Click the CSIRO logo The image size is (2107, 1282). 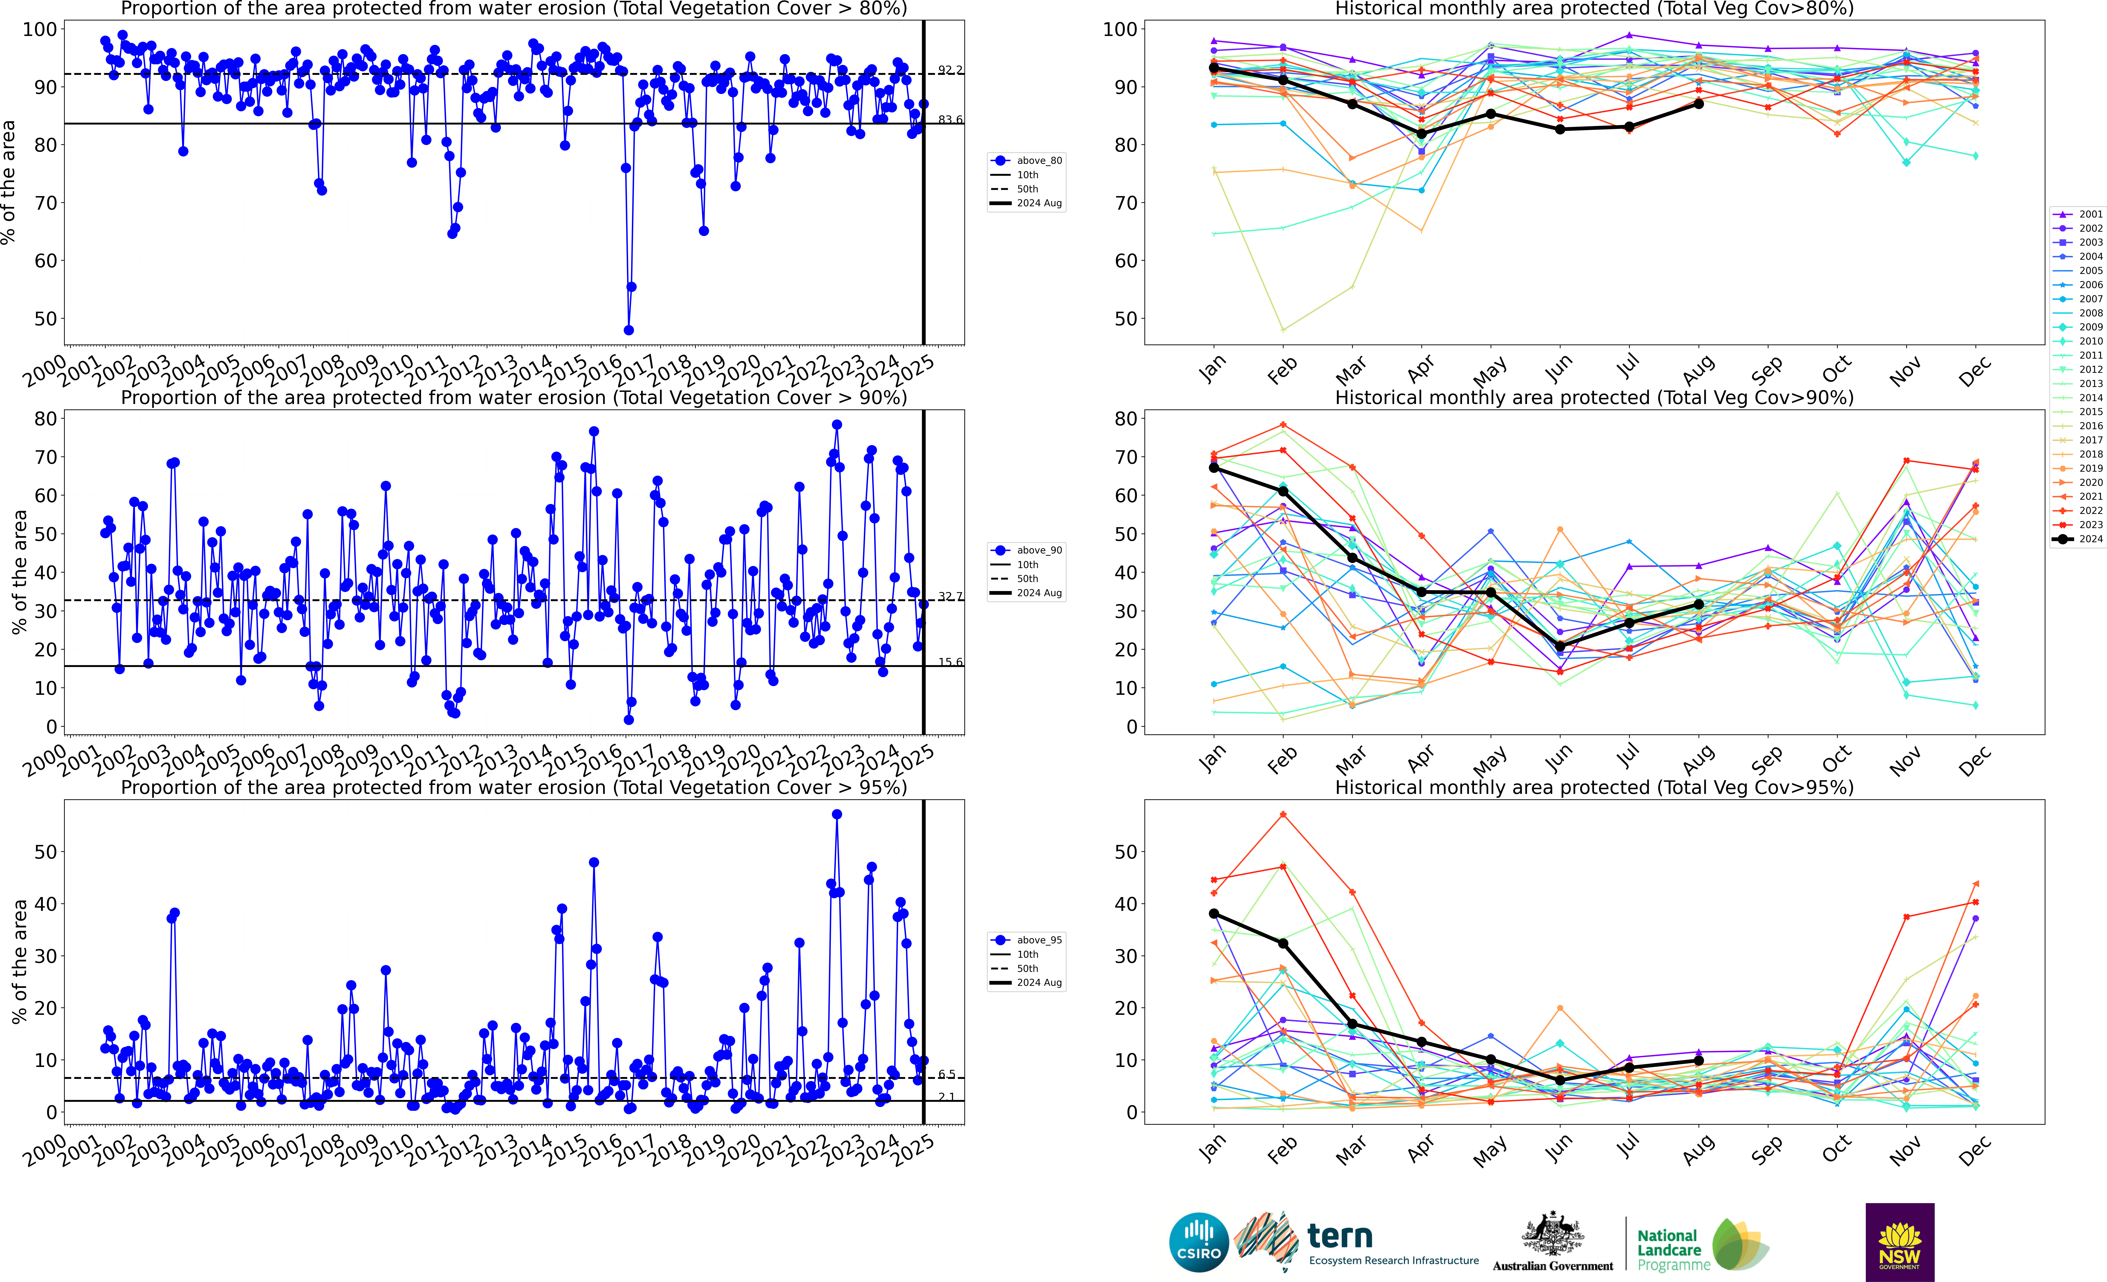click(1198, 1242)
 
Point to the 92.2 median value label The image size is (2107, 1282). click(949, 69)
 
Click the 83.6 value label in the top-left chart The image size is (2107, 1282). click(949, 120)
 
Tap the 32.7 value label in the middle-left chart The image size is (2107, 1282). click(949, 596)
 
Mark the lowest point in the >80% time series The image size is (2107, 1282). click(629, 330)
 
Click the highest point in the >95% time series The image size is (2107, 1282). click(836, 815)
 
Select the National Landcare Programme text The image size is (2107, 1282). click(1672, 1249)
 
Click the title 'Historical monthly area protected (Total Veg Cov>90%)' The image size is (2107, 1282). click(1594, 398)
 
